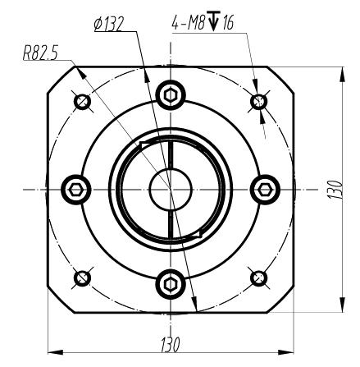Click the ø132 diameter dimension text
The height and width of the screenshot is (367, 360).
coord(107,24)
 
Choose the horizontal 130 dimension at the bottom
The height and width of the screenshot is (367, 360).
coord(170,342)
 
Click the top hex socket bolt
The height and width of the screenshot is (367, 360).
coord(170,94)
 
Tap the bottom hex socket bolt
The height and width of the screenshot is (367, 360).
coord(170,284)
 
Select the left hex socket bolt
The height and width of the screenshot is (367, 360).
coord(75,190)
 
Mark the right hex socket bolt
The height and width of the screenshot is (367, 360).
coord(264,190)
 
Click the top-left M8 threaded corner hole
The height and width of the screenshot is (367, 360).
coord(81,102)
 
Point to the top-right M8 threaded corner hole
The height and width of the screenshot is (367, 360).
coord(259,102)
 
